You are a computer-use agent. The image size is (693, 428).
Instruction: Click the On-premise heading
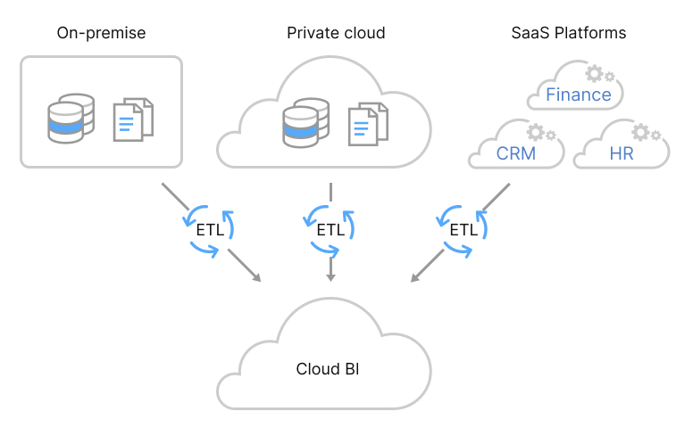click(x=101, y=33)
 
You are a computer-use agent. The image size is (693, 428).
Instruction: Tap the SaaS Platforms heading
click(x=568, y=33)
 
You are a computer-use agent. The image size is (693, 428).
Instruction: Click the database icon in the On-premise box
click(x=71, y=122)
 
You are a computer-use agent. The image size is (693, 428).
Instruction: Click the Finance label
click(x=579, y=95)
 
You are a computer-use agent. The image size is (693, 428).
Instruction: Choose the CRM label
click(x=516, y=153)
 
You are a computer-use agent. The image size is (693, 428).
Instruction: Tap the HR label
click(x=621, y=153)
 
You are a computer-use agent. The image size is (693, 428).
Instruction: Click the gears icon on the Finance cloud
click(x=599, y=73)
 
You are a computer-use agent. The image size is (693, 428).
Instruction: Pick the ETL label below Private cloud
click(x=330, y=229)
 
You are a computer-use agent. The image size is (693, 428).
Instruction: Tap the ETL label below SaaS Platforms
click(x=463, y=229)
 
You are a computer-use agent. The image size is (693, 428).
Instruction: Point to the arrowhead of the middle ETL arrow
click(x=330, y=277)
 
